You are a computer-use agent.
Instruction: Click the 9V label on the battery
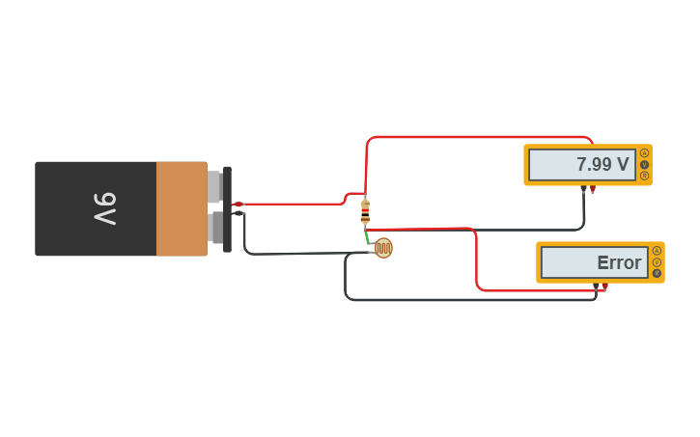105,208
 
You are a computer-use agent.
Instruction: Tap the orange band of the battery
182,208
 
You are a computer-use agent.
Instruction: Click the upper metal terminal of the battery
214,187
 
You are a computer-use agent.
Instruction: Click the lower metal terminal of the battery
214,229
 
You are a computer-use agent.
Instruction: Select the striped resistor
364,212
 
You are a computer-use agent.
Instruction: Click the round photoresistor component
383,249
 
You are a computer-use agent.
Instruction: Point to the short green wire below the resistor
368,235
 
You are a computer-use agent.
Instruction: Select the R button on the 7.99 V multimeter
644,176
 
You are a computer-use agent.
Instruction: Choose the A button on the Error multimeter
657,251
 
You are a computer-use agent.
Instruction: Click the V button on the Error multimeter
657,262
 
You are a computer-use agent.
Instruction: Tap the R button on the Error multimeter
657,274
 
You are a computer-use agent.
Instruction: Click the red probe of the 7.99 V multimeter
592,190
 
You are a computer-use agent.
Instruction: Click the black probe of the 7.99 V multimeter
583,190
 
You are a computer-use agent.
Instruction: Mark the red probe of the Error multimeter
604,287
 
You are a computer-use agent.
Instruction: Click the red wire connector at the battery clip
238,205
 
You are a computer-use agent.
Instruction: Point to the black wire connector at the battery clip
238,213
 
